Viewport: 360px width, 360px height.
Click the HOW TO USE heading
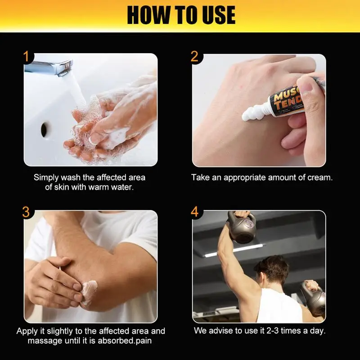pos(181,15)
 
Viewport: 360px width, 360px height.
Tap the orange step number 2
pos(194,57)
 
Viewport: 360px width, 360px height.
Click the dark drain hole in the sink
pos(44,130)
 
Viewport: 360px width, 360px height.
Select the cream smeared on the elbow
pos(89,290)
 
